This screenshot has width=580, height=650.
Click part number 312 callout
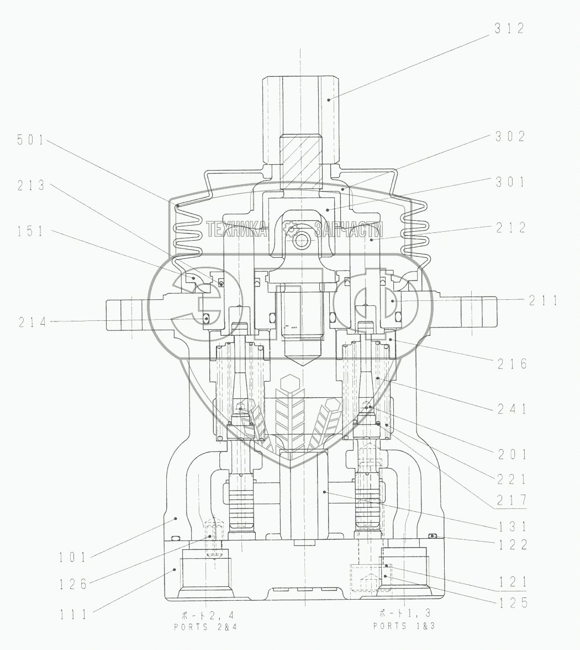510,28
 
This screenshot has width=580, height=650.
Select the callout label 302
510,137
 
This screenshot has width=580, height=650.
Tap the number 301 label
510,181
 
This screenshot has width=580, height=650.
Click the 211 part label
544,300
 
